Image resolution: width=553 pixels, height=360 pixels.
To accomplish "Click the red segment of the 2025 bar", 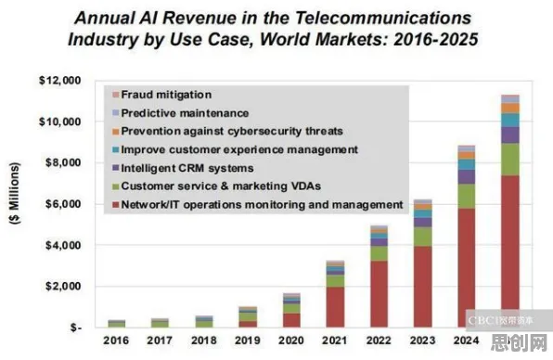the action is click(x=510, y=251).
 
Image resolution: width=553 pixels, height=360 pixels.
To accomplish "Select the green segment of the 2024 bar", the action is click(x=466, y=196).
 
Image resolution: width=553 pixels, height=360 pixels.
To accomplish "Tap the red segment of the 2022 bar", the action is click(x=379, y=294).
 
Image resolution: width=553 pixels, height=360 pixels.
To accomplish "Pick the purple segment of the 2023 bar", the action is click(x=422, y=222).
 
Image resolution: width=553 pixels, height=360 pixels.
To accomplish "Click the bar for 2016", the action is click(x=116, y=324).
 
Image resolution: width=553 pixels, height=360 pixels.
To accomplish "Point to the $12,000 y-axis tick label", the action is click(x=60, y=81).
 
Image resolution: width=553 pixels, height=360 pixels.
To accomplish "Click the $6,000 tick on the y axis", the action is click(x=63, y=204).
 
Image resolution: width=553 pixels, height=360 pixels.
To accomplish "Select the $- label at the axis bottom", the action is click(x=76, y=328).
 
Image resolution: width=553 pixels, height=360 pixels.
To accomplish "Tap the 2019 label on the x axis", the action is click(x=247, y=341).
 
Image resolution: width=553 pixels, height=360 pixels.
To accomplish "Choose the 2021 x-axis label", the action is click(x=335, y=341).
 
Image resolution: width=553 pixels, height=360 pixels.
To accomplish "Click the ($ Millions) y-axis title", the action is click(x=15, y=193).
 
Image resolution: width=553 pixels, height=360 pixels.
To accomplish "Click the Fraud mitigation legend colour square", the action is click(x=115, y=95).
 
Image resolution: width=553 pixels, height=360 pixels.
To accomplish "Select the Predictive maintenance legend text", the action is click(x=186, y=113).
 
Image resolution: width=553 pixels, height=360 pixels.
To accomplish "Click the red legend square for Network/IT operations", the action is click(x=115, y=205).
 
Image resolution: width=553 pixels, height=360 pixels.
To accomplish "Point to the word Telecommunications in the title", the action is click(x=383, y=18).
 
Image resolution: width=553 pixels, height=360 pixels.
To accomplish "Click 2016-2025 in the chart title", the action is click(x=436, y=39).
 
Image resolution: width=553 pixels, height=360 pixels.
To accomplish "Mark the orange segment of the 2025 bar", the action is click(x=510, y=109).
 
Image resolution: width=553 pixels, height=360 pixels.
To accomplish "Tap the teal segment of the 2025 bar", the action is click(x=510, y=121).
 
